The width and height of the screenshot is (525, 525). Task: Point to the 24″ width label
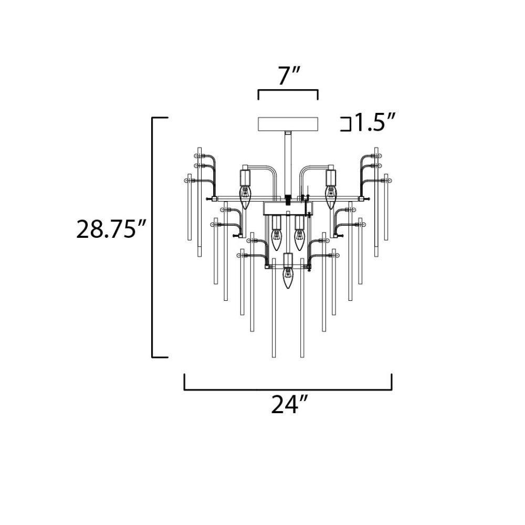tap(289, 405)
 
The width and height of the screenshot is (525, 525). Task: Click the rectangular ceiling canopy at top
tap(288, 124)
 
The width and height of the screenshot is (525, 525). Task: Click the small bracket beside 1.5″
tap(346, 124)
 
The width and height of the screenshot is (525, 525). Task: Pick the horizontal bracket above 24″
tap(288, 389)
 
